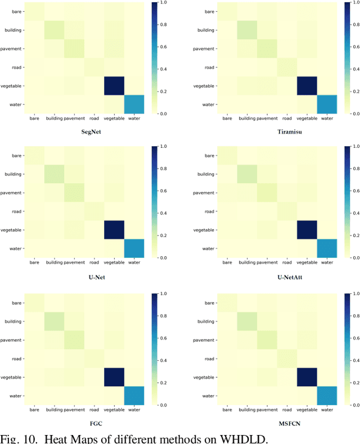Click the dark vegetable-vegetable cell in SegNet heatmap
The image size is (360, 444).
(x=115, y=85)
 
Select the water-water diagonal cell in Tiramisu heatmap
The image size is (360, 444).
(x=327, y=105)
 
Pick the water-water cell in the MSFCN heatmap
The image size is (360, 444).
(x=327, y=395)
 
